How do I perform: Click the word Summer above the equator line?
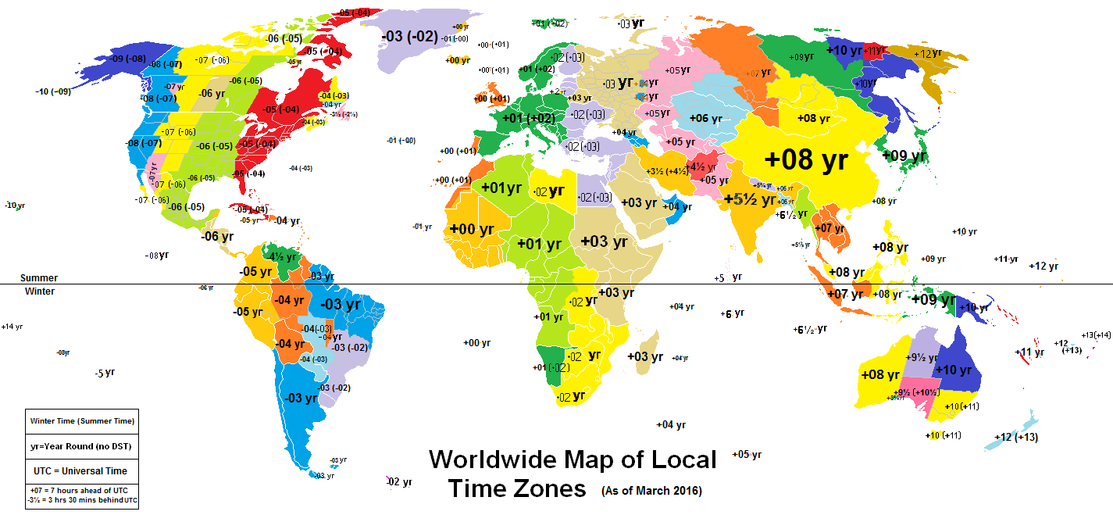38,278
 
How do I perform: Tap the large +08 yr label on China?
806,160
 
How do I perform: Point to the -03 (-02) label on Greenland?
408,36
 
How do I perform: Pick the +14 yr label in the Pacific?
12,327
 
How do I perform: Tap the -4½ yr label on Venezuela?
282,256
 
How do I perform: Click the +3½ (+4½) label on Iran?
665,171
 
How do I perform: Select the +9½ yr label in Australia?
916,357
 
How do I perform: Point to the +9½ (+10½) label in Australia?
917,392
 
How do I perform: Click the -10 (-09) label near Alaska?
53,91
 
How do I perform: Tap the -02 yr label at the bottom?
399,482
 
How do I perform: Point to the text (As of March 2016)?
651,492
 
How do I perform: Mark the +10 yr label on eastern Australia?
954,370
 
